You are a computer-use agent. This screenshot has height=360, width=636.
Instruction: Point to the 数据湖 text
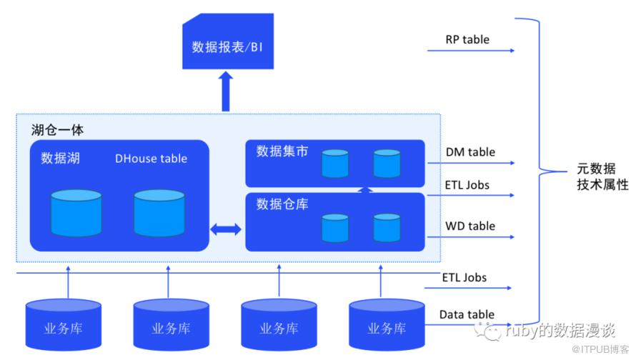(x=60, y=158)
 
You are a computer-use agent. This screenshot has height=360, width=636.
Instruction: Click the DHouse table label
(x=151, y=159)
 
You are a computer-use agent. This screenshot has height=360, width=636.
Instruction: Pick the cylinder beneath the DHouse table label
(x=159, y=213)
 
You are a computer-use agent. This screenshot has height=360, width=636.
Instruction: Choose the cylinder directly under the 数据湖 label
(x=76, y=213)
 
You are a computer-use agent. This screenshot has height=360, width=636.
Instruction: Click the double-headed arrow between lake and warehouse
(x=227, y=229)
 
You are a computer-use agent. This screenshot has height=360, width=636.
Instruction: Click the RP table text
(x=467, y=39)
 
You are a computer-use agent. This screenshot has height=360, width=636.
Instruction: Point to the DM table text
(x=470, y=152)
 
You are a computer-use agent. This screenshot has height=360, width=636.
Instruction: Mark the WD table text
(x=470, y=226)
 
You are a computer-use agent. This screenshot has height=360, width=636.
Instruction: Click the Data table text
(x=467, y=315)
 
